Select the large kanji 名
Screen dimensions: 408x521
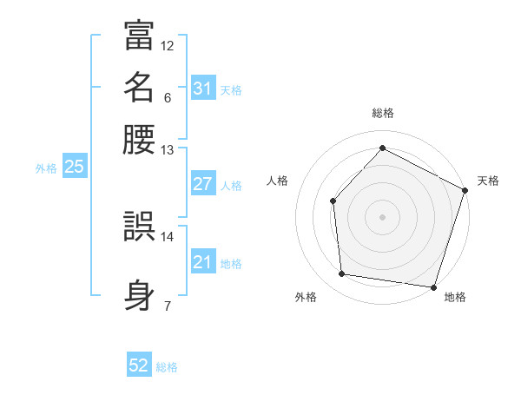pos(139,87)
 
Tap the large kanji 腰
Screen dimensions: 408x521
pos(139,139)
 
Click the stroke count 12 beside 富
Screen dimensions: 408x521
pos(168,45)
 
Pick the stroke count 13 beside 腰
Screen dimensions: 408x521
pos(168,150)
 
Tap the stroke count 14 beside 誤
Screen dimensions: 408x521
pos(168,236)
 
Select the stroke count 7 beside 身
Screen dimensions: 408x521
pos(168,306)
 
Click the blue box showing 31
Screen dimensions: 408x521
pos(202,88)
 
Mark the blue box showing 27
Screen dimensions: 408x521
pos(202,184)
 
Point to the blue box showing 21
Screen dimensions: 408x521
pos(202,262)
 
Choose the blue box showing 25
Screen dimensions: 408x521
pos(74,167)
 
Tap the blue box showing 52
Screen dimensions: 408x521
pos(138,365)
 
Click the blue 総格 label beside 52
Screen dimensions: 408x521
pos(167,367)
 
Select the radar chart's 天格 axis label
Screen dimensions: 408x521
pos(488,181)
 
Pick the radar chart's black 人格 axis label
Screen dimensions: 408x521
pos(278,181)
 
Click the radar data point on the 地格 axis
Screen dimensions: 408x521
pos(433,286)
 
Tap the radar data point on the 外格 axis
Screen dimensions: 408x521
pos(342,274)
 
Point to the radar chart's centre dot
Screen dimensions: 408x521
pos(382,216)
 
